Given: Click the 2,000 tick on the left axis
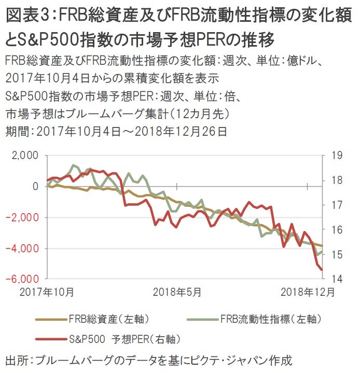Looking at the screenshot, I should [x=25, y=155].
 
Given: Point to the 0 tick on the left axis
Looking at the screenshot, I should [x=35, y=186].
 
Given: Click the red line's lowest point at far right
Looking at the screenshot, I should [x=321, y=269].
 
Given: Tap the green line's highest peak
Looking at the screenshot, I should [x=73, y=166].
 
